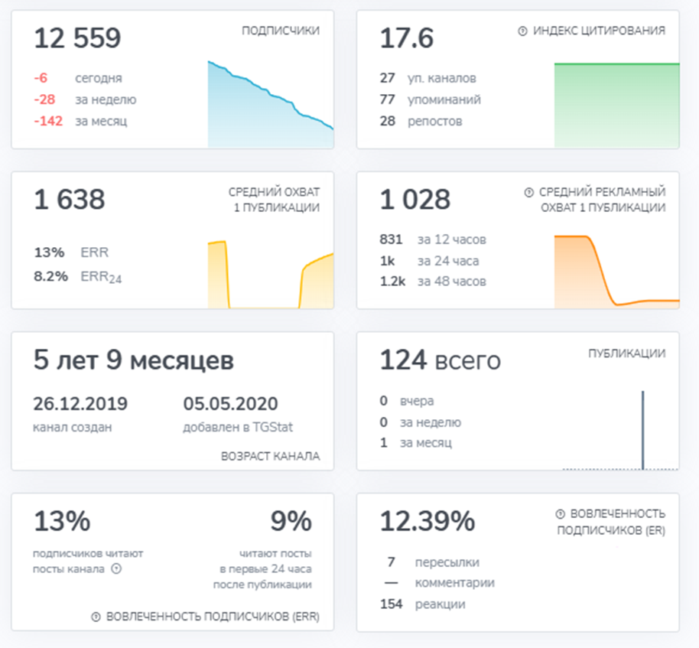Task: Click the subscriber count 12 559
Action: point(77,38)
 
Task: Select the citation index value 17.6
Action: point(407,38)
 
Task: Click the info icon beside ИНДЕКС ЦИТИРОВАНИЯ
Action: point(523,31)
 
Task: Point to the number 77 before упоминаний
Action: point(387,99)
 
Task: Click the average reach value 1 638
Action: point(69,200)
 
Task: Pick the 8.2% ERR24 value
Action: point(49,278)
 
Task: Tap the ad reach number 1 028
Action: point(415,200)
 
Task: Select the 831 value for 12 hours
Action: point(391,239)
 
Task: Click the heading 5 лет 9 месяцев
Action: point(133,360)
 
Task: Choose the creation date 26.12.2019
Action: point(80,404)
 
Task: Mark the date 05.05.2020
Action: point(230,404)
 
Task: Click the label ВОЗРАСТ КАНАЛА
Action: point(270,457)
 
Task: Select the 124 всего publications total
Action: point(440,360)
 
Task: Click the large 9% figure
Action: point(291,522)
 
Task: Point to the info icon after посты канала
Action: point(116,568)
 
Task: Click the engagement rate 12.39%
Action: point(428,522)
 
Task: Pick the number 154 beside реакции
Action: point(391,604)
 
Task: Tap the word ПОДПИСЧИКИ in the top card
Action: point(281,31)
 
